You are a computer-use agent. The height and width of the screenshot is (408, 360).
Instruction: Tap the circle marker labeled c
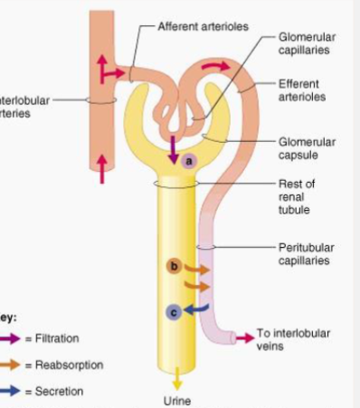(175, 311)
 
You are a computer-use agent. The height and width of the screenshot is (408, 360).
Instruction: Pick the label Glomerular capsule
(307, 147)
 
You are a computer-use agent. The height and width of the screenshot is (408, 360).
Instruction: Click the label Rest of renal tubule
(296, 196)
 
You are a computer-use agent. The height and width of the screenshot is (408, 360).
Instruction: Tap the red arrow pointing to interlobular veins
(242, 337)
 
